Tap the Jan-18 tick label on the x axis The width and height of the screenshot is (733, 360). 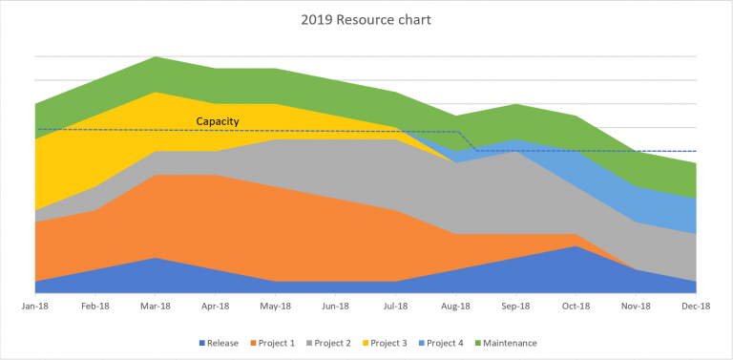click(35, 307)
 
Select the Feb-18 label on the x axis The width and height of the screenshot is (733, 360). click(95, 307)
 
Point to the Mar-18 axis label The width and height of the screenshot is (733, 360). click(156, 307)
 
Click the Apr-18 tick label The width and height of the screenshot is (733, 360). click(216, 307)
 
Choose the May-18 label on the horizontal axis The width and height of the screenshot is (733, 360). click(276, 307)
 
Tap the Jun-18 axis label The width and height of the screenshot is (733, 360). click(336, 307)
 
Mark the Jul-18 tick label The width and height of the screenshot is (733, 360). click(396, 307)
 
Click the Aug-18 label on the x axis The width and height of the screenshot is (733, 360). click(456, 307)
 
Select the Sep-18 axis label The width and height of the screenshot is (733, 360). click(516, 307)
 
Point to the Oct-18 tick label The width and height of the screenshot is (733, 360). click(576, 307)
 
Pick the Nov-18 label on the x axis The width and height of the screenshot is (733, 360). click(637, 307)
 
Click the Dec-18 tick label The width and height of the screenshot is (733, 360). click(696, 307)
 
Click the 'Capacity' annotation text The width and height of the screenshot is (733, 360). click(217, 121)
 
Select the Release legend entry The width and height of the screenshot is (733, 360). click(220, 343)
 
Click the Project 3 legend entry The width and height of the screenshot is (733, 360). click(390, 343)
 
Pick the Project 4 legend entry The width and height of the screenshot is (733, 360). click(446, 343)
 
